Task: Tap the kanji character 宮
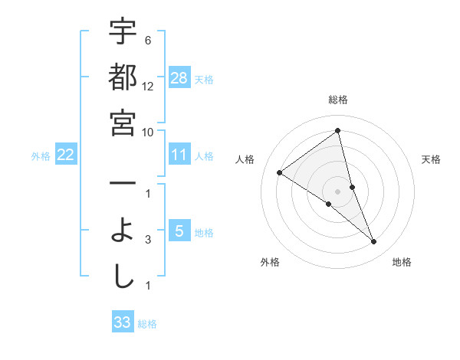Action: pyautogui.click(x=123, y=123)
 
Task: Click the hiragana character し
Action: pyautogui.click(x=123, y=277)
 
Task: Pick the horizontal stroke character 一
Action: pyautogui.click(x=123, y=184)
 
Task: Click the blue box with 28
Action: pyautogui.click(x=179, y=78)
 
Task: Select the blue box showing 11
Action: pyautogui.click(x=179, y=155)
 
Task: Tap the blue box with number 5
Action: pyautogui.click(x=179, y=231)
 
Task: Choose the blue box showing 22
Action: pyautogui.click(x=66, y=155)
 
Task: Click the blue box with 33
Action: pyautogui.click(x=123, y=322)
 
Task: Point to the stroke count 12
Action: pyautogui.click(x=149, y=87)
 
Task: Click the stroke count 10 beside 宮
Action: pyautogui.click(x=149, y=133)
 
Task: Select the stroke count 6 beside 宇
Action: pyautogui.click(x=147, y=41)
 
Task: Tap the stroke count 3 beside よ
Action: pyautogui.click(x=147, y=240)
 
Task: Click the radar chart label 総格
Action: pyautogui.click(x=337, y=100)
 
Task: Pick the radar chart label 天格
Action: pyautogui.click(x=431, y=159)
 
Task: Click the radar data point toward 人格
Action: pyautogui.click(x=280, y=172)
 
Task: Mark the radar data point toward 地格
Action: pyautogui.click(x=373, y=241)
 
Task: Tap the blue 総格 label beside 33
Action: pyautogui.click(x=147, y=324)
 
